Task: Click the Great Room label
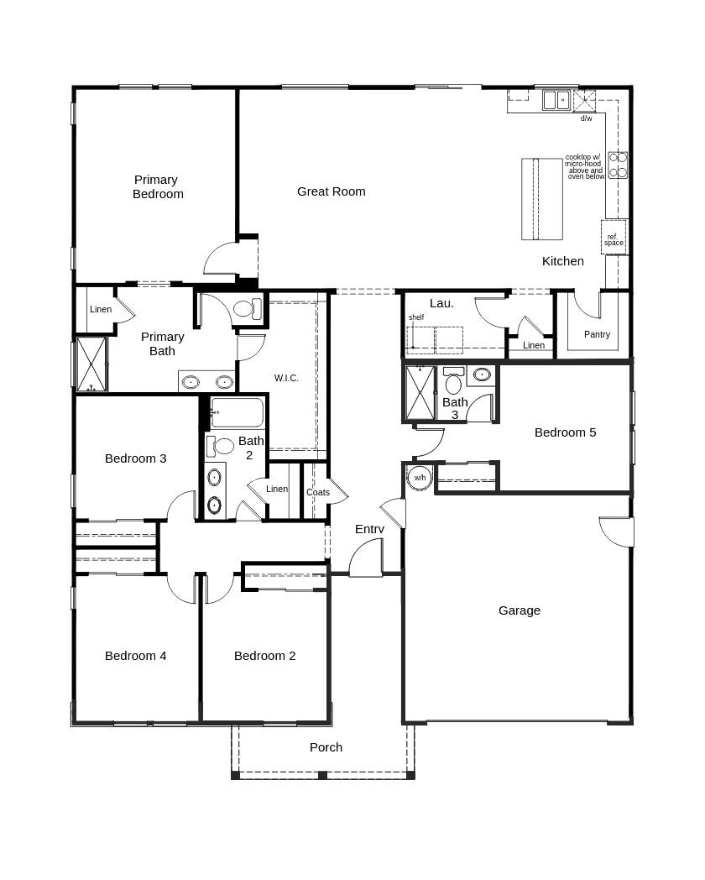[x=331, y=191]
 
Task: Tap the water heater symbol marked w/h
[x=419, y=478]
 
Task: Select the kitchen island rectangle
[x=541, y=199]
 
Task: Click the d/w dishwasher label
[x=586, y=118]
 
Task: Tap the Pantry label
[x=597, y=334]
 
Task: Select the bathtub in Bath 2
[x=237, y=413]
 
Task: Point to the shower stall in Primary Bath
[x=91, y=364]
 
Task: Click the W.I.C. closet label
[x=286, y=378]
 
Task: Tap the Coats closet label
[x=318, y=492]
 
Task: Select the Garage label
[x=519, y=610]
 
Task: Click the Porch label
[x=326, y=747]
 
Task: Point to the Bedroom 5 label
[x=565, y=432]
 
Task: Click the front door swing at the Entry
[x=367, y=559]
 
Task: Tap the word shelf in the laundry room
[x=416, y=317]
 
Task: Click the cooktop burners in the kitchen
[x=618, y=165]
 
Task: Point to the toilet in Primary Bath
[x=245, y=308]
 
